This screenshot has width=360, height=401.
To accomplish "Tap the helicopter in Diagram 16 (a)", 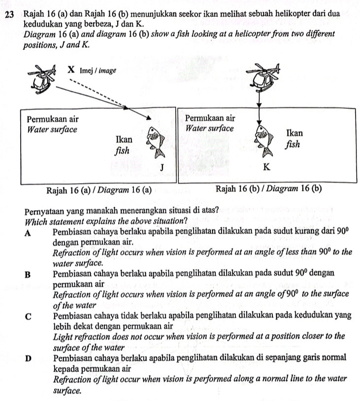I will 45,79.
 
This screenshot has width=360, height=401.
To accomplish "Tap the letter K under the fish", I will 266,168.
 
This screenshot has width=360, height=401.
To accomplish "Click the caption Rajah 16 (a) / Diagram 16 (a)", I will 98,190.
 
